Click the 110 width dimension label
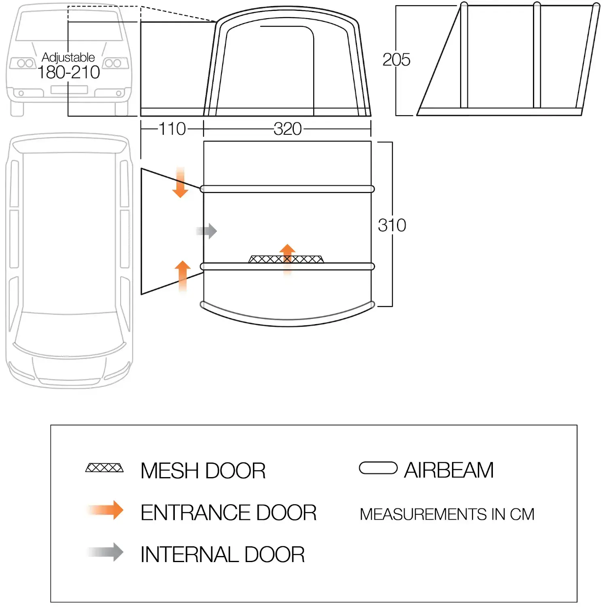[172, 129]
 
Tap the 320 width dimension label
[287, 129]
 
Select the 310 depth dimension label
[392, 225]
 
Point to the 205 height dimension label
[396, 59]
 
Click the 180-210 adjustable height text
[68, 72]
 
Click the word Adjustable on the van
[68, 57]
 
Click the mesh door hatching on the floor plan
[286, 259]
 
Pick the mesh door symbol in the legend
[104, 468]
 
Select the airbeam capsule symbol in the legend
[378, 468]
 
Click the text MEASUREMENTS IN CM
[447, 514]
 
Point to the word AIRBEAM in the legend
[449, 470]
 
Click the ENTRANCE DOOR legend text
[228, 513]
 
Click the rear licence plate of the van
[69, 90]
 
